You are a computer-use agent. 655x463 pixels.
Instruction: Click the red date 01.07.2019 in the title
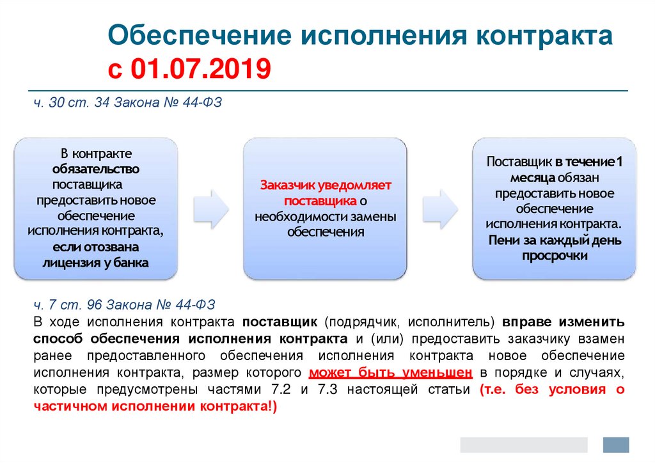pos(201,68)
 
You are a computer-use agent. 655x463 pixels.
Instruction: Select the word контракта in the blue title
pos(544,36)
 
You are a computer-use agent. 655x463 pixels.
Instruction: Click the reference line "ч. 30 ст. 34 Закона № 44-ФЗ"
pos(127,102)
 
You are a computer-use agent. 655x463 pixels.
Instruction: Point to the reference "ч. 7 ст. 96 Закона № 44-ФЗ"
pos(124,304)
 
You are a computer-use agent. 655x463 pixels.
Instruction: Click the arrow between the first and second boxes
pos(211,208)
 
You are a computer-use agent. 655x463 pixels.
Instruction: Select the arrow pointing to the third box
pos(440,208)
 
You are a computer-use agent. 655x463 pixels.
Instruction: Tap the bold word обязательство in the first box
pos(96,169)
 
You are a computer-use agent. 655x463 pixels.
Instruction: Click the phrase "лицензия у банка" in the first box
pos(96,263)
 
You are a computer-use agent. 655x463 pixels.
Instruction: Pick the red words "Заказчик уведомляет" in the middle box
pos(326,185)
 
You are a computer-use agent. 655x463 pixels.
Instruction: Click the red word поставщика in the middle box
pos(320,201)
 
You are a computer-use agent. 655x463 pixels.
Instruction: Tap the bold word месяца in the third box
pos(532,178)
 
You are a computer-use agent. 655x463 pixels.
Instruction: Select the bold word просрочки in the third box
pos(555,256)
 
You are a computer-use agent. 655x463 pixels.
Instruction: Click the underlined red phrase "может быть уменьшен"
pos(391,372)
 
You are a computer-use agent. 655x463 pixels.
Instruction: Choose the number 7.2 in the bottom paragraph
pos(281,389)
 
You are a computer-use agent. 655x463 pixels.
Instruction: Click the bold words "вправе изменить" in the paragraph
pos(563,322)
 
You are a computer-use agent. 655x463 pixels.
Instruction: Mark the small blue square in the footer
pos(616,445)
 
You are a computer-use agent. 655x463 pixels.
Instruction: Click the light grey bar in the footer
pos(524,445)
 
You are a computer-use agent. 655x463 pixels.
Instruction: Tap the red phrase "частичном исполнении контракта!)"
pos(155,406)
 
